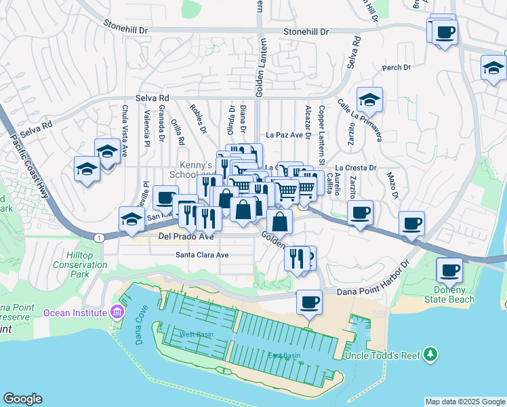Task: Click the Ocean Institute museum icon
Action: coord(118,312)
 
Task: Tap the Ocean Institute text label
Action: coord(75,312)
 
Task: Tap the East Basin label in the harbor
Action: coord(283,355)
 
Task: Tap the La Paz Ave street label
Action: coord(283,135)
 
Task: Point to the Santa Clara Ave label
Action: coord(203,255)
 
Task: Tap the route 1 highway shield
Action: coord(100,237)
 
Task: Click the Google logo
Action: coord(23,399)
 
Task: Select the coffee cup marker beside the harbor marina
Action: coord(309,302)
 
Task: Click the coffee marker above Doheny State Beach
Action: coord(449,271)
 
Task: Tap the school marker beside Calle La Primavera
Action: coord(369,100)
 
